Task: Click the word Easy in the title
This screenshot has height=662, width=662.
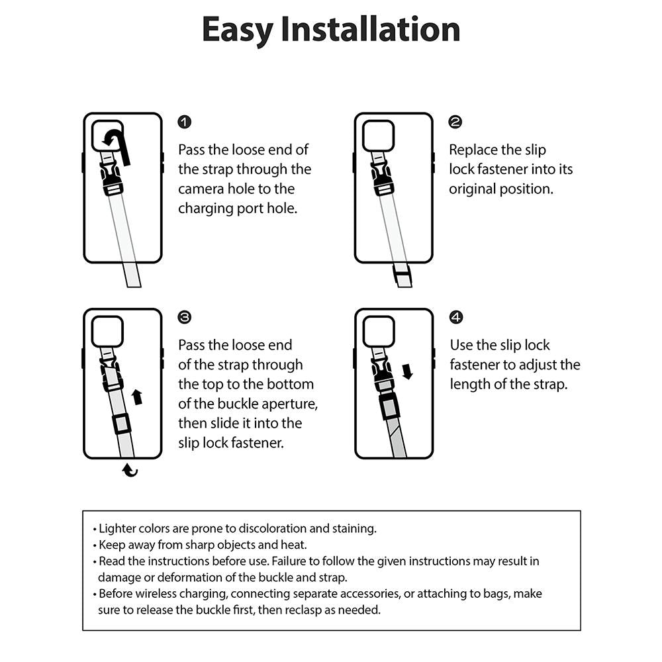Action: tap(236, 30)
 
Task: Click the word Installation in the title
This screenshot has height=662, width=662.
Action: tap(370, 30)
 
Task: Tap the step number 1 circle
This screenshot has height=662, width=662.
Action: tap(185, 122)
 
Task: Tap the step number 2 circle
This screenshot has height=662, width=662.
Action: tap(455, 122)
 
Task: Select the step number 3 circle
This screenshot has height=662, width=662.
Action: tap(185, 318)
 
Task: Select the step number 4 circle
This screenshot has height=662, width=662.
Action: tap(456, 318)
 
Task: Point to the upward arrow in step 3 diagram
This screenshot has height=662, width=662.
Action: tap(137, 397)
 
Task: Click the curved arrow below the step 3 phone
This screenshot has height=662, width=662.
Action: tap(130, 471)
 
